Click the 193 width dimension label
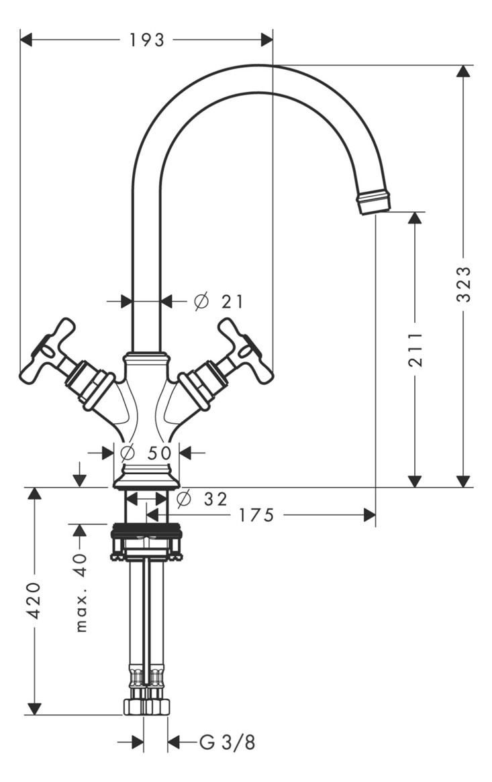(146, 40)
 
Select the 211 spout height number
(416, 349)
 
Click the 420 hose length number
(35, 601)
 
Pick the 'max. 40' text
(81, 592)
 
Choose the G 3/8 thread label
(228, 742)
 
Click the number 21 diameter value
(232, 302)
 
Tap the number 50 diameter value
(160, 453)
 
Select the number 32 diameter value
(215, 499)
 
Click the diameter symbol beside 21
(201, 302)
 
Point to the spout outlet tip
(374, 202)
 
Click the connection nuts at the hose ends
(146, 706)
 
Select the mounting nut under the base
(146, 540)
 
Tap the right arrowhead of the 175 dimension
(369, 515)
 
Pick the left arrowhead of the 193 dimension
(27, 40)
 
